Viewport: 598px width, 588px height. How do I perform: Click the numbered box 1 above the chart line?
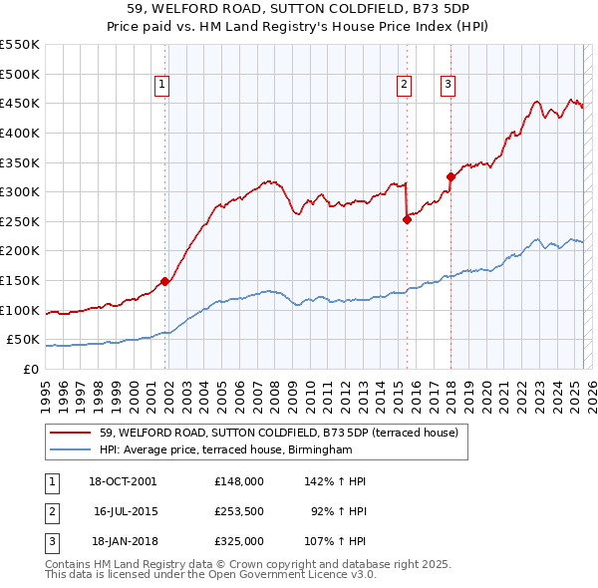(161, 86)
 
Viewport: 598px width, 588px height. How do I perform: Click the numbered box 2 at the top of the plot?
(405, 86)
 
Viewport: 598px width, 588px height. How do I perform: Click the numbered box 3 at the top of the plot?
(448, 86)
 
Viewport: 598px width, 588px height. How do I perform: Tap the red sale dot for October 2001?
(165, 282)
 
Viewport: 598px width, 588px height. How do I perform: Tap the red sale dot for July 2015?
(407, 220)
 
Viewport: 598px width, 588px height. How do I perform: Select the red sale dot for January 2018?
(450, 177)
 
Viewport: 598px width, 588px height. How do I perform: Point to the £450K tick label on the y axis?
(20, 104)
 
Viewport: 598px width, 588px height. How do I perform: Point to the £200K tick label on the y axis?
(20, 251)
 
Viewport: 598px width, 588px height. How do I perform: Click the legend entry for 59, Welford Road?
(278, 433)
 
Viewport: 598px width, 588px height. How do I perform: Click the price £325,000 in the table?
(239, 541)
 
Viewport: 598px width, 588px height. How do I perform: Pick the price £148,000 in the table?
(239, 481)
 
